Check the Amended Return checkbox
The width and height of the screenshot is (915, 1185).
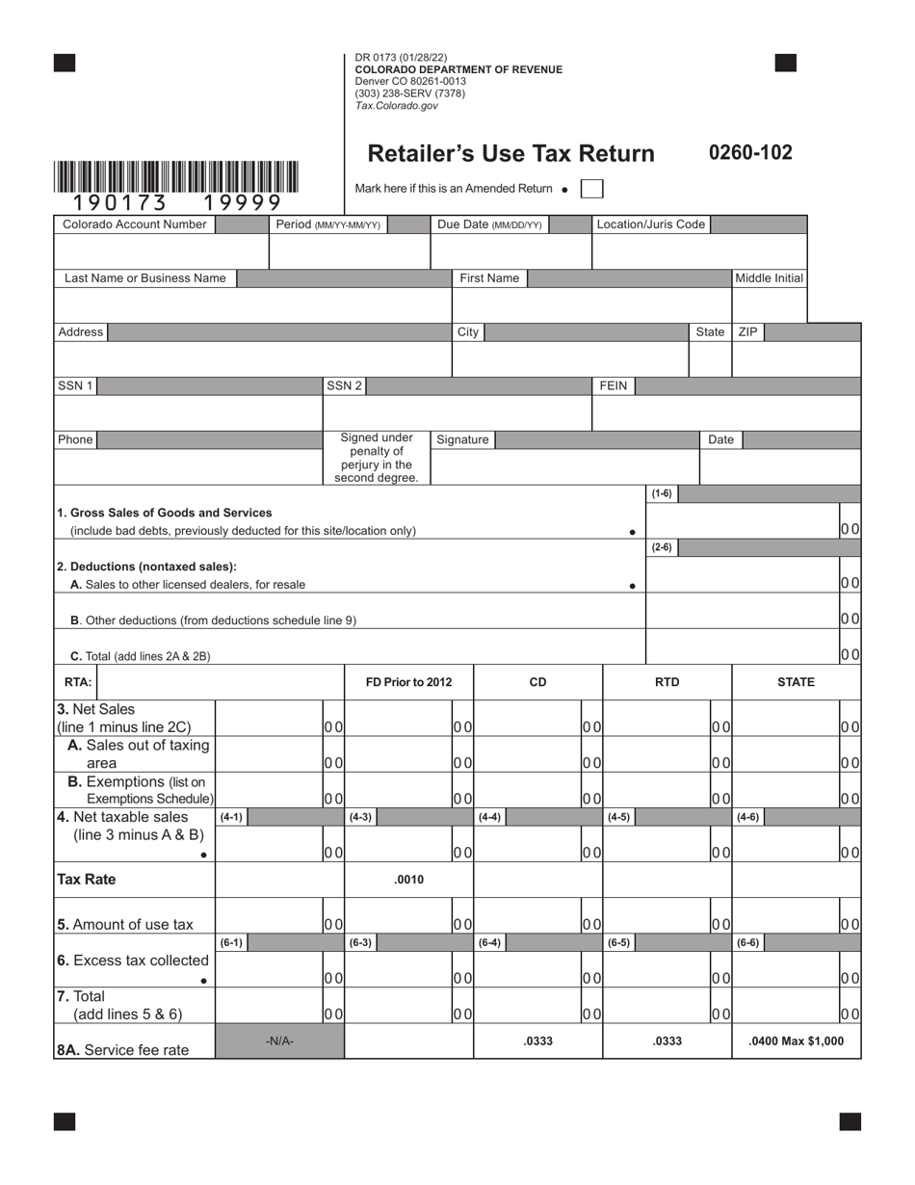click(591, 189)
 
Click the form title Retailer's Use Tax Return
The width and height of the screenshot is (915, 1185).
click(510, 154)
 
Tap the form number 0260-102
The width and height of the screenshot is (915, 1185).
click(750, 152)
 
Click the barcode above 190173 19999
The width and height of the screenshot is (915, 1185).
click(176, 177)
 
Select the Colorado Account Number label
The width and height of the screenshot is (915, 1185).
click(135, 224)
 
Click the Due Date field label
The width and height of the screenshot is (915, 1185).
click(489, 224)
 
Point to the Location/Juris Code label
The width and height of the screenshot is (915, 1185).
click(651, 224)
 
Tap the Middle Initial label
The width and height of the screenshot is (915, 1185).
click(769, 278)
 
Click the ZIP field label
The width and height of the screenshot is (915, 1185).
click(747, 332)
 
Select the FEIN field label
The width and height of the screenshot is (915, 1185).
click(614, 386)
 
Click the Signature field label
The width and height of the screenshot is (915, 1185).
click(462, 439)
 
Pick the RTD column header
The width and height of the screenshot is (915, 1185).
click(667, 682)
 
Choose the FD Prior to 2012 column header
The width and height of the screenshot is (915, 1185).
click(408, 682)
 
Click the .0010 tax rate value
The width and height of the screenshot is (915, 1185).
click(408, 880)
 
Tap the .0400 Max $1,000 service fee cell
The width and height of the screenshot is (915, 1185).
click(796, 1041)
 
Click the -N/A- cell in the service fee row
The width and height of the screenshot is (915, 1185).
click(279, 1041)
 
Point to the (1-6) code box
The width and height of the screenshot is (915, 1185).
click(662, 494)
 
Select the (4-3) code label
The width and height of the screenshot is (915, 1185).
click(360, 817)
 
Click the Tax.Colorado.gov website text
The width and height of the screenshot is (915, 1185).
click(396, 106)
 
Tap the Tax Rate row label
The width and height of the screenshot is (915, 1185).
click(87, 880)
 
